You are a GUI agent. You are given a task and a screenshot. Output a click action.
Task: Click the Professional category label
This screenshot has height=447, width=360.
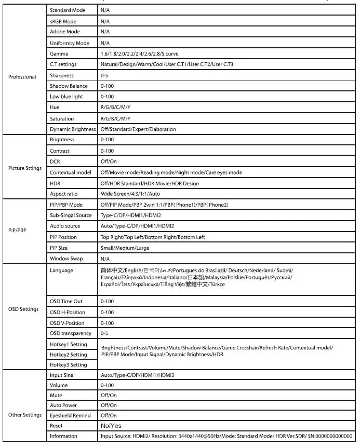[22, 77]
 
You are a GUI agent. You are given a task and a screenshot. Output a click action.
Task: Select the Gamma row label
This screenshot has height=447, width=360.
[59, 54]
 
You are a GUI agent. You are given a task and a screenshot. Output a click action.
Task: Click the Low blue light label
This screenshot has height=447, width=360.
[66, 97]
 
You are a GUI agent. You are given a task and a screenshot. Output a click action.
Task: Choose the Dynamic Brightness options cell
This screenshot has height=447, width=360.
[138, 129]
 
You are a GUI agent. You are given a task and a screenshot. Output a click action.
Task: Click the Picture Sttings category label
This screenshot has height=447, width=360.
[25, 168]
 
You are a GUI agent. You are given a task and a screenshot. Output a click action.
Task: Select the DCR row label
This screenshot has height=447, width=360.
[56, 161]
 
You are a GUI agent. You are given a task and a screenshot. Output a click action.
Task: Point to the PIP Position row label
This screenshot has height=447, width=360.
[63, 237]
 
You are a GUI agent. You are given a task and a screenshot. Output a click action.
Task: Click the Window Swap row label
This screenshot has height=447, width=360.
[66, 259]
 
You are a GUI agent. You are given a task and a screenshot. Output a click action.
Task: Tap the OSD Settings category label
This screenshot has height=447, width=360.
[23, 309]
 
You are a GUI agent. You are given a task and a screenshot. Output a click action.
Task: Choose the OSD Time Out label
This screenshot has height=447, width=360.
[66, 302]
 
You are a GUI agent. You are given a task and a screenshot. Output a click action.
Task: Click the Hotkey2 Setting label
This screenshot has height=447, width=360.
[69, 355]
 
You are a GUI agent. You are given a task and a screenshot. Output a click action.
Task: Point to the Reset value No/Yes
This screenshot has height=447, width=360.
[111, 426]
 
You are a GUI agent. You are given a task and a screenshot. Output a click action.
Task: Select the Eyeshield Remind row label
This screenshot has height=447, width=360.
[70, 415]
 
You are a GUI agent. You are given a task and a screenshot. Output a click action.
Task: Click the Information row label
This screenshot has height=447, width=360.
[63, 436]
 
